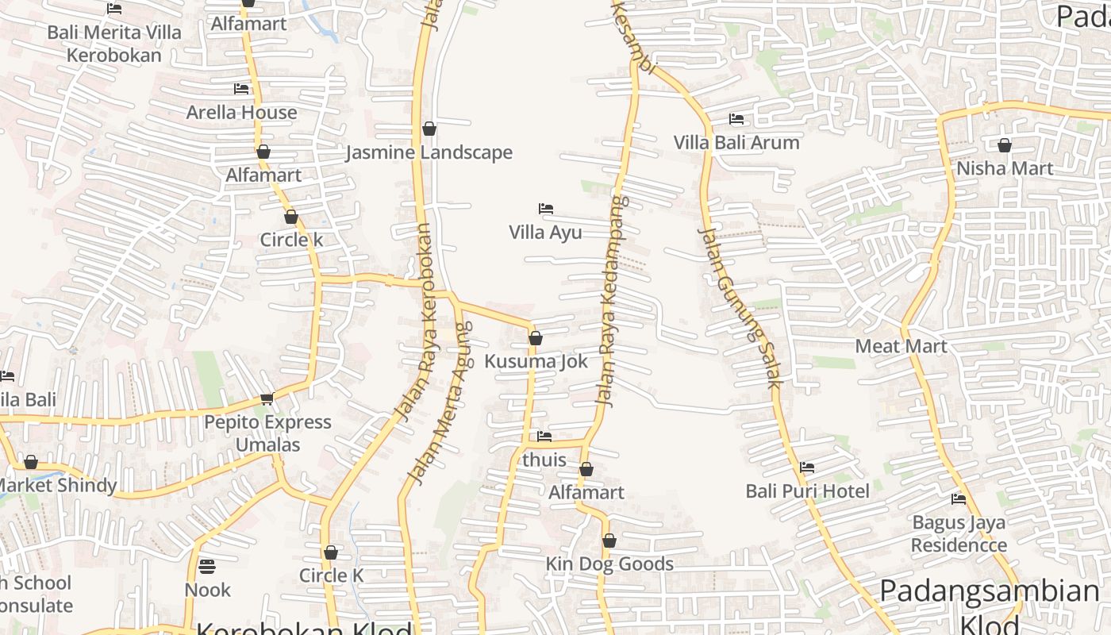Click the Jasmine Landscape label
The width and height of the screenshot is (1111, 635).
(x=429, y=152)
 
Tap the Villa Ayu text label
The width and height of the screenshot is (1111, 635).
(x=545, y=233)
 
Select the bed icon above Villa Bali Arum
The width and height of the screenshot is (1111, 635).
(x=736, y=119)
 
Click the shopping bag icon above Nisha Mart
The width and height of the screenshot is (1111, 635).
(x=1004, y=145)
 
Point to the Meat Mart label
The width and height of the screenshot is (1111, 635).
(x=901, y=346)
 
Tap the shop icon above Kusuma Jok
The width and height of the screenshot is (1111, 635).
(x=536, y=338)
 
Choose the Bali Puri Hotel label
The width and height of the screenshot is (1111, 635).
(x=807, y=491)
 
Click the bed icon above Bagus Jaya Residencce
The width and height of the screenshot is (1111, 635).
(x=959, y=499)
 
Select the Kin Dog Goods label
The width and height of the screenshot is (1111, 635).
(x=609, y=564)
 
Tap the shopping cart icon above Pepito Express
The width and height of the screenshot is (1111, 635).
(x=267, y=398)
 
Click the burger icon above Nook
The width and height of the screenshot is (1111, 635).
(x=207, y=567)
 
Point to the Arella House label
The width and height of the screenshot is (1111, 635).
(x=241, y=113)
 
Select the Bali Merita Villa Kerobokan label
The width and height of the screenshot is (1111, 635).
(x=114, y=44)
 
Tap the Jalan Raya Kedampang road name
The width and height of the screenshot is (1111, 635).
(x=609, y=302)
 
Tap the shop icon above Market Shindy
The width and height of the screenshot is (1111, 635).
(x=31, y=462)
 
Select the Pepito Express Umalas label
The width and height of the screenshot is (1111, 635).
(x=267, y=433)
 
